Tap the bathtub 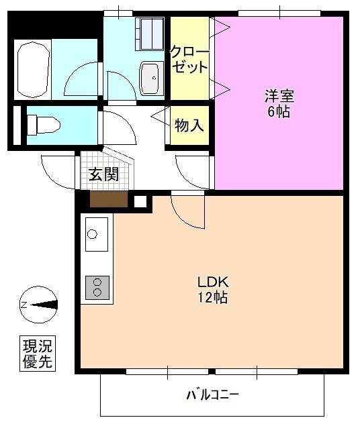tap(32, 70)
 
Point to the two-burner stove tap(98, 287)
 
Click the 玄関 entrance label tap(103, 175)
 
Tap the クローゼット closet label tap(189, 59)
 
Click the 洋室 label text tap(279, 96)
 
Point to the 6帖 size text tap(279, 112)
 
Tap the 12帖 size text tap(212, 297)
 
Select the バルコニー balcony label tap(212, 394)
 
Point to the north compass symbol tap(38, 305)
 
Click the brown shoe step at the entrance tap(108, 199)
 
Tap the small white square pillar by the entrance tap(140, 201)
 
